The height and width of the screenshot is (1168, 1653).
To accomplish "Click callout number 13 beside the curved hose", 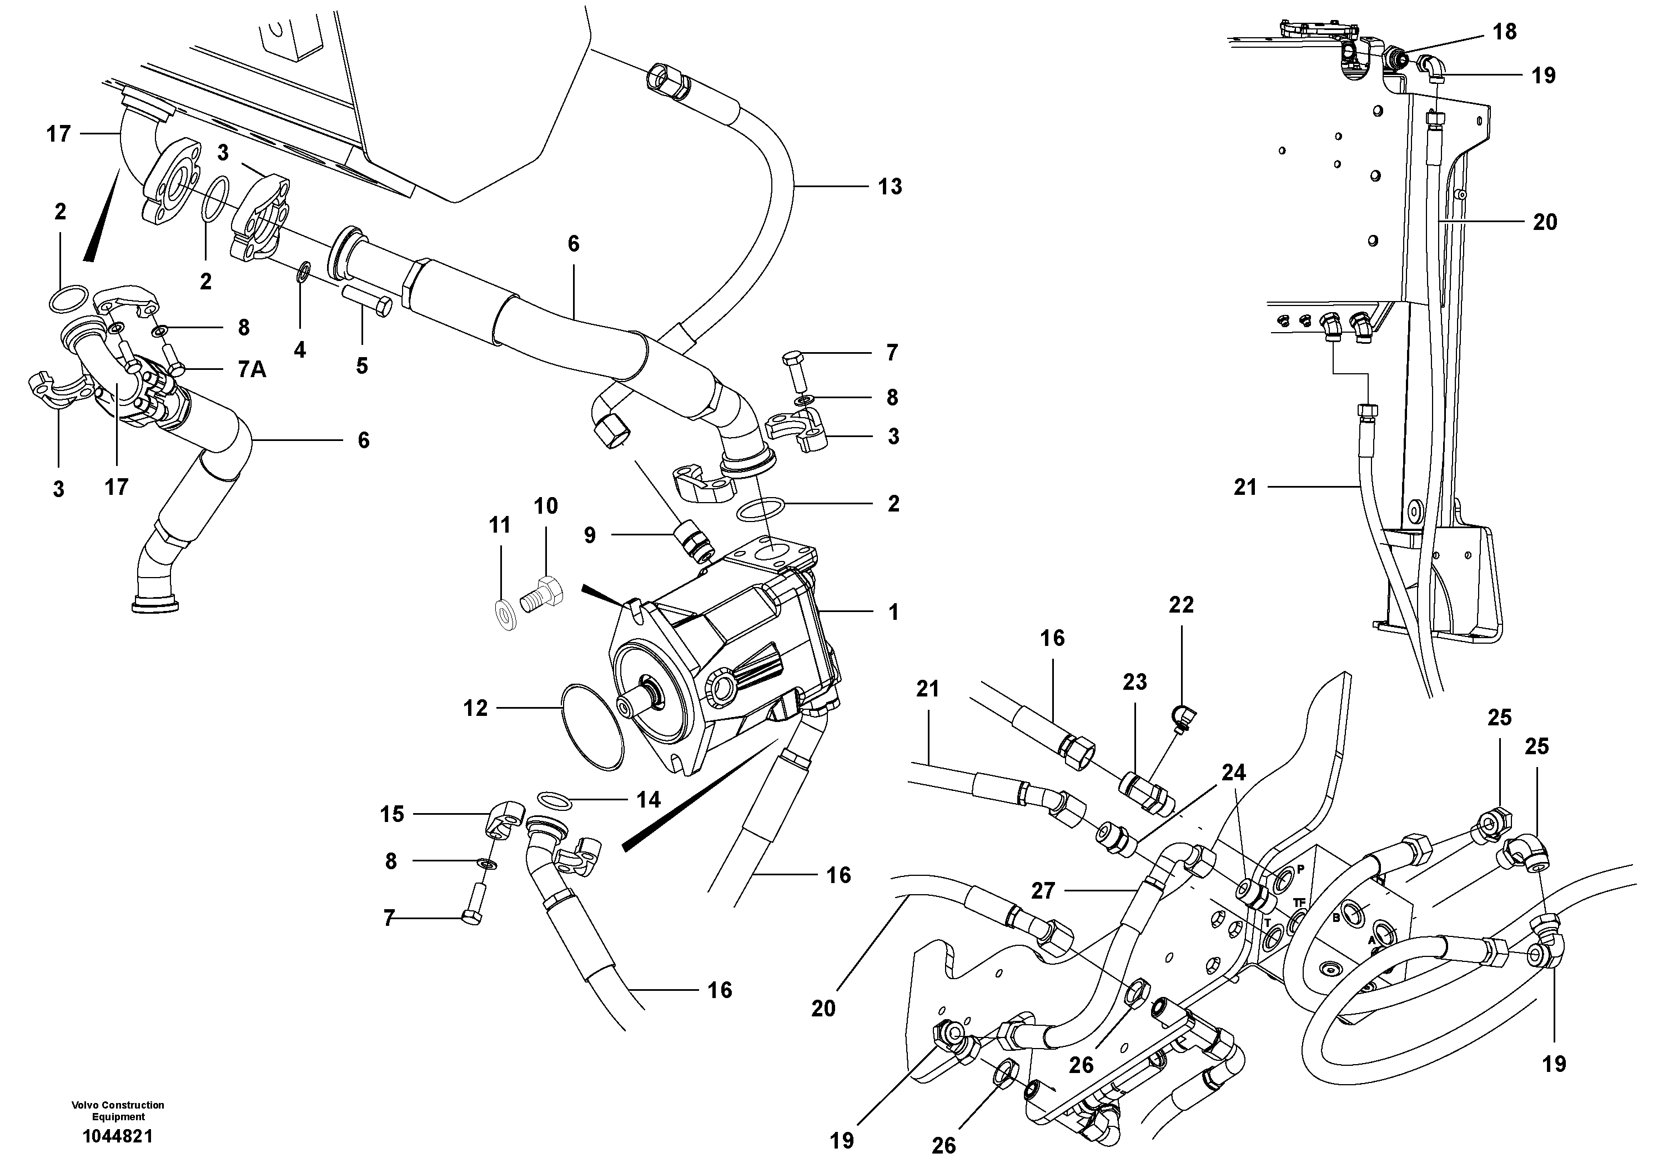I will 890,187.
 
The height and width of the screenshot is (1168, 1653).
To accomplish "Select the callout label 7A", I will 252,370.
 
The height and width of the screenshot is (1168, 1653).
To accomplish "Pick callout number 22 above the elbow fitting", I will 1180,605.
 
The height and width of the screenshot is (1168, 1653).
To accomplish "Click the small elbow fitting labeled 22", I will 1182,716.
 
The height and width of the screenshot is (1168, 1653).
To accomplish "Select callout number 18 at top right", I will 1505,32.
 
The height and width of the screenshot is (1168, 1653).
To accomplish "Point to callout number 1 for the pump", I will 893,612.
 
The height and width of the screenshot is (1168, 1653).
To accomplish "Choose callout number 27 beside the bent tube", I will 1042,891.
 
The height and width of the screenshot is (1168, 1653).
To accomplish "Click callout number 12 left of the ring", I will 475,709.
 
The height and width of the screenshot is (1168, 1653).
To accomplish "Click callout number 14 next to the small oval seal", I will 648,800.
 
